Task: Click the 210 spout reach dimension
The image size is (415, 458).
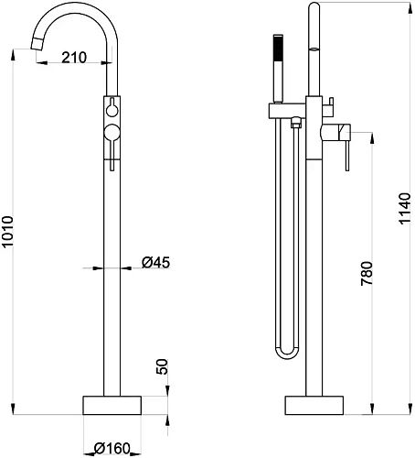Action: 74,58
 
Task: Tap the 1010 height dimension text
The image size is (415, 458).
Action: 7,232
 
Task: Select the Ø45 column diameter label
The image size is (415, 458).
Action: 155,262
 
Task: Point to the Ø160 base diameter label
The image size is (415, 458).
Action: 112,449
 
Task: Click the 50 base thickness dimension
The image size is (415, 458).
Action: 162,366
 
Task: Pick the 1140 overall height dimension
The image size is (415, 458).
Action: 405,209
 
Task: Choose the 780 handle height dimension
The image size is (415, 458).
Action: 367,273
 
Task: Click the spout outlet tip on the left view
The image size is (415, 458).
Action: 37,44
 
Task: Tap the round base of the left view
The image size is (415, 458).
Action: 112,405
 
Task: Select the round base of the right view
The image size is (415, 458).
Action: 314,405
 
